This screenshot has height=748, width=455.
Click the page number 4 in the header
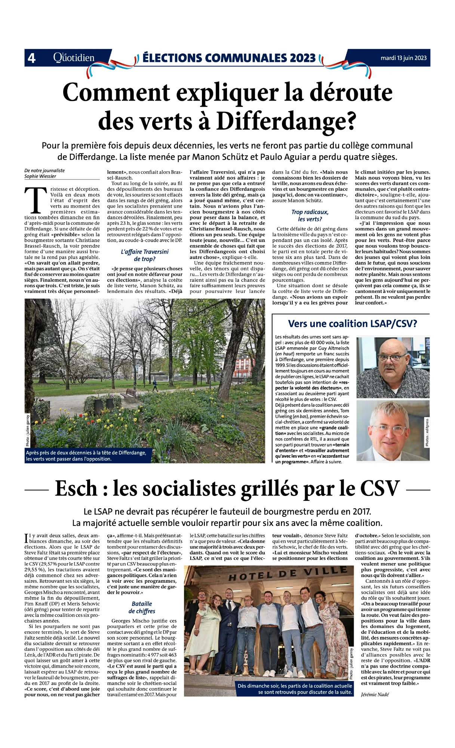(x=31, y=58)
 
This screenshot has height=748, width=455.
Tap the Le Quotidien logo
(x=74, y=58)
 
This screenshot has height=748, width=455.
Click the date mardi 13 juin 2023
(x=403, y=58)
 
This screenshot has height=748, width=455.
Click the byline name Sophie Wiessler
(x=40, y=176)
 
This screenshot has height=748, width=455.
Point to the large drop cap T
(x=36, y=201)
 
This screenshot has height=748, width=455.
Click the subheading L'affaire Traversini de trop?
(x=145, y=255)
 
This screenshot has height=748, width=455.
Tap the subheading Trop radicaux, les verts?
(x=310, y=215)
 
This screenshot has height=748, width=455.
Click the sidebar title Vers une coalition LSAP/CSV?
(x=352, y=324)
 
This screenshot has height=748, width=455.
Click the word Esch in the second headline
(x=76, y=488)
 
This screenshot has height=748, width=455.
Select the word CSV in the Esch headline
(x=379, y=488)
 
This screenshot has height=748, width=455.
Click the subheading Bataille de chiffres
(x=142, y=607)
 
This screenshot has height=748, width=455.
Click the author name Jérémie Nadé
(x=375, y=695)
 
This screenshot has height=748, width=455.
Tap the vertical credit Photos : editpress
(x=427, y=432)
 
